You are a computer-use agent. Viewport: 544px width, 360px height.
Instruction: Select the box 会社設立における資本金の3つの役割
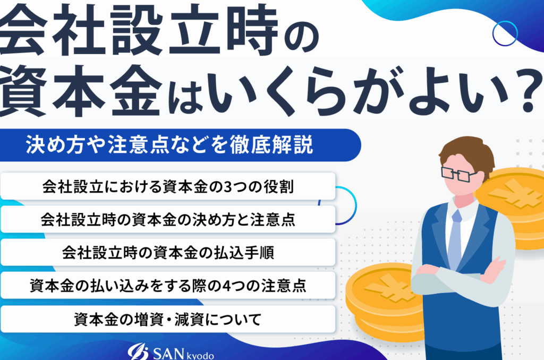pyautogui.click(x=168, y=186)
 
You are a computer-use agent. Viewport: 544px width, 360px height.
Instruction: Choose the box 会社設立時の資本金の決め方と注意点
pyautogui.click(x=168, y=219)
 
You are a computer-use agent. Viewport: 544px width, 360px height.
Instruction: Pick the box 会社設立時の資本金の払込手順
pyautogui.click(x=168, y=252)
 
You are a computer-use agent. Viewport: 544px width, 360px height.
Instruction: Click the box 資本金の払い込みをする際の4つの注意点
pyautogui.click(x=168, y=285)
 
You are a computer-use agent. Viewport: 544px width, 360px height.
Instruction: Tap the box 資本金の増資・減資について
pyautogui.click(x=168, y=319)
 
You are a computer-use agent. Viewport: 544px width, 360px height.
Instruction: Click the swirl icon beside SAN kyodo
pyautogui.click(x=138, y=352)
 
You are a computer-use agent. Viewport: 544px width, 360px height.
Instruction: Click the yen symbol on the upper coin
pyautogui.click(x=514, y=193)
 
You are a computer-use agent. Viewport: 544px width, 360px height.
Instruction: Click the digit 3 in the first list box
pyautogui.click(x=227, y=186)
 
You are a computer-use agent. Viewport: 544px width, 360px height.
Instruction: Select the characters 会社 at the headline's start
pyautogui.click(x=52, y=31)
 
